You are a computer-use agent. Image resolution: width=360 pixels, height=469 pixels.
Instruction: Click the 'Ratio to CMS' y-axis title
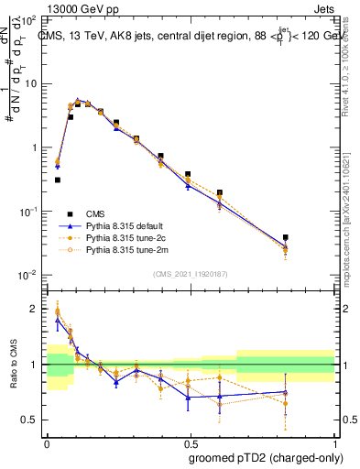pos(12,365)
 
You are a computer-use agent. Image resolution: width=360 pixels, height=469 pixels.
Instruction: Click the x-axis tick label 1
pos(334,442)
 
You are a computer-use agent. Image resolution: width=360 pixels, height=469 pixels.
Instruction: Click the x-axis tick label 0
pos(47,442)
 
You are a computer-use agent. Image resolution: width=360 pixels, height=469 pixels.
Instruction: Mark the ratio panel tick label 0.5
pos(32,420)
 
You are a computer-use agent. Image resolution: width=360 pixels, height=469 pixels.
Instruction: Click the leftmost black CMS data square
pos(57,180)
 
